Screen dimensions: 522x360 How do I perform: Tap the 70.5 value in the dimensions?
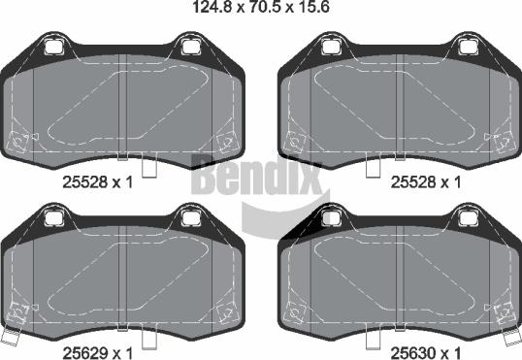265,7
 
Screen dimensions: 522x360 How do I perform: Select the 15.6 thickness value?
313,7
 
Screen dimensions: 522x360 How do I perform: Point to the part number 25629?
84,353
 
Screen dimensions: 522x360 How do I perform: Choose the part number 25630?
412,353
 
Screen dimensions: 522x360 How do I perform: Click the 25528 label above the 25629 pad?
84,182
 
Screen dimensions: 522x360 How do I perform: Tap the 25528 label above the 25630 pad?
412,182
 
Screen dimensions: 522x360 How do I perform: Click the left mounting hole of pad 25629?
53,218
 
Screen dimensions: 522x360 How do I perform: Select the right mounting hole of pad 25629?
190,218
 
